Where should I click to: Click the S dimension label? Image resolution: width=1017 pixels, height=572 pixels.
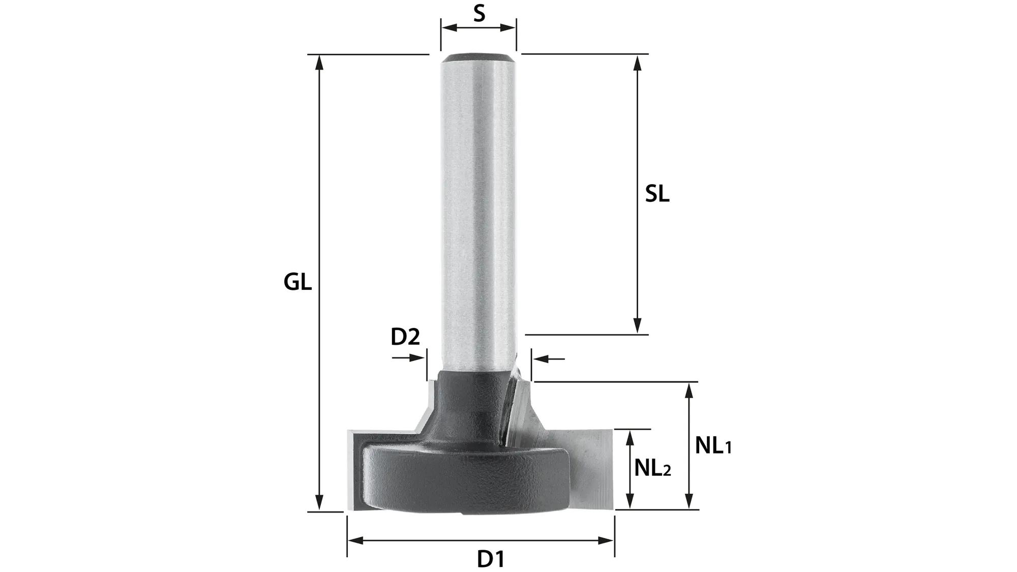(x=478, y=13)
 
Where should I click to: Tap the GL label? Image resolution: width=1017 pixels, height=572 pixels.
(x=297, y=282)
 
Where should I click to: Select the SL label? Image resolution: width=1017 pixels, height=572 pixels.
(x=657, y=194)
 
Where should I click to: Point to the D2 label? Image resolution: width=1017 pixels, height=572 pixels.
(x=405, y=337)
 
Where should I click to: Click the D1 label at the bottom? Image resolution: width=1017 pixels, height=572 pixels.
(x=491, y=559)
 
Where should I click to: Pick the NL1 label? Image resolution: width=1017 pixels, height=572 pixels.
(x=713, y=446)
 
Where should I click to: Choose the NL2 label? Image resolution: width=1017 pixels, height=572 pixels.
(x=652, y=468)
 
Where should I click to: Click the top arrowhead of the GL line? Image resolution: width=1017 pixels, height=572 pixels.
(x=319, y=61)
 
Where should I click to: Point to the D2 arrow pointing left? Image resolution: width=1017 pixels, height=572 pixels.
(x=542, y=359)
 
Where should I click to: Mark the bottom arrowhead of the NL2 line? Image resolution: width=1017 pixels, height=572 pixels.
(x=630, y=502)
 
